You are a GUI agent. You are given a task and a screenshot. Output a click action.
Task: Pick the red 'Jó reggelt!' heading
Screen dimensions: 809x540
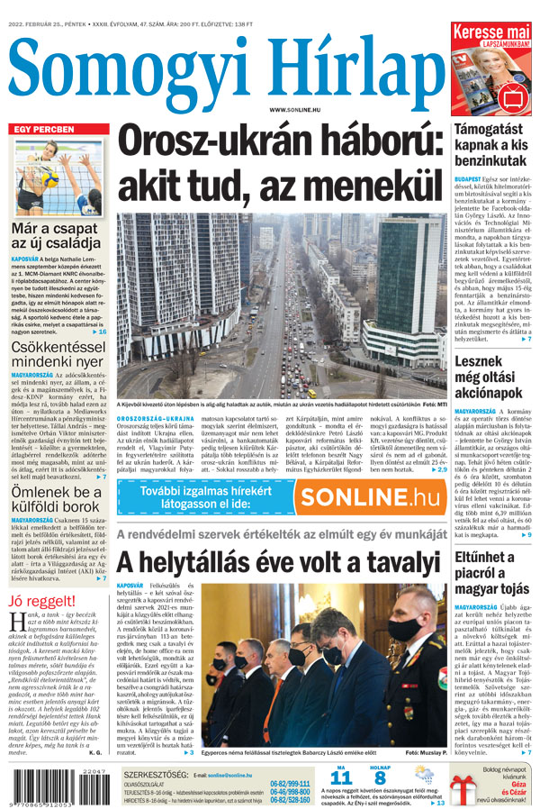coord(41,602)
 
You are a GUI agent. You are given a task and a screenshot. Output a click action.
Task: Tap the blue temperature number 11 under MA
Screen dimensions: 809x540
coord(341,777)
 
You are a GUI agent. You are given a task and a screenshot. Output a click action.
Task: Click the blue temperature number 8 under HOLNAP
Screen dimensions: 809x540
coord(380,777)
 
